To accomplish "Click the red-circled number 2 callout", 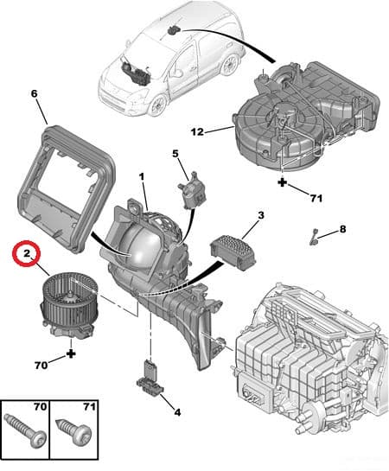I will pyautogui.click(x=27, y=254).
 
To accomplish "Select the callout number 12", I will pyautogui.click(x=198, y=131).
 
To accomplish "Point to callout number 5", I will pyautogui.click(x=175, y=155).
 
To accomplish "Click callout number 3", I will pyautogui.click(x=260, y=214).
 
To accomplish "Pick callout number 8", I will pyautogui.click(x=341, y=229).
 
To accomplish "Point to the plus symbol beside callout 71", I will pyautogui.click(x=283, y=184).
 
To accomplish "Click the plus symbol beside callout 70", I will pyautogui.click(x=71, y=353).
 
